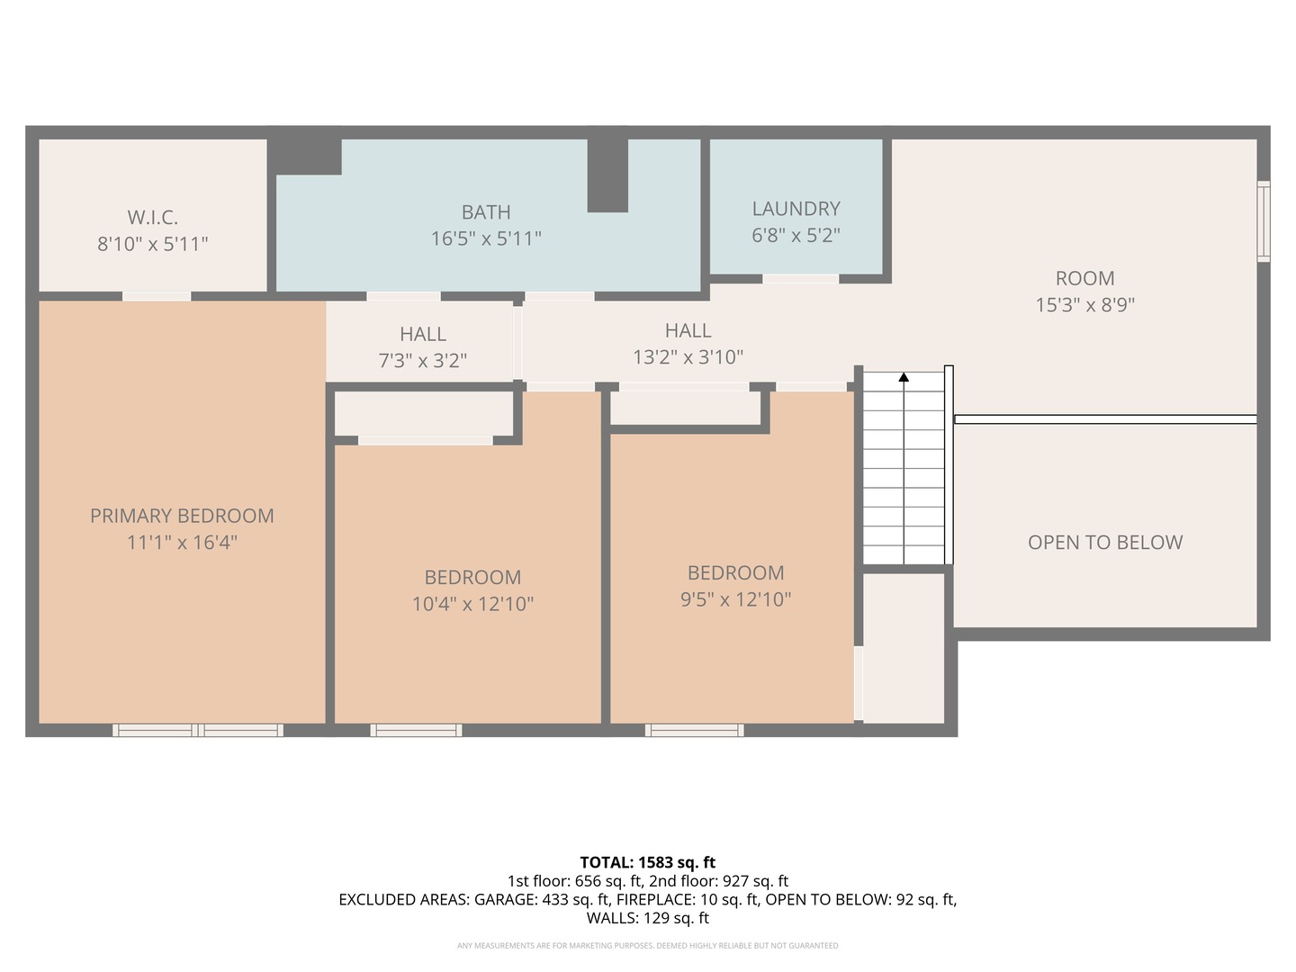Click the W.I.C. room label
tap(152, 217)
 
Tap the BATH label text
tap(486, 212)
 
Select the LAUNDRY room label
tap(796, 209)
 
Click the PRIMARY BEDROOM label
tap(182, 516)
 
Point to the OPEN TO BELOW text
tap(1105, 543)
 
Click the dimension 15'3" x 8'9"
tap(1084, 305)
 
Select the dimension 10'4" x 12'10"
tap(472, 604)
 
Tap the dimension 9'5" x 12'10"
tap(735, 599)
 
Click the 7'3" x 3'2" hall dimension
tap(422, 361)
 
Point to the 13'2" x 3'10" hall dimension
tap(688, 357)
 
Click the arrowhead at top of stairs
tap(904, 377)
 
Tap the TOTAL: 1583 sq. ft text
tap(647, 862)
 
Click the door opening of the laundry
tap(800, 279)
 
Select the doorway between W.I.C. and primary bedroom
tap(157, 296)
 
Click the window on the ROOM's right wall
tap(1264, 221)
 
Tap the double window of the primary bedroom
tap(198, 730)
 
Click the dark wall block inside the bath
tap(607, 175)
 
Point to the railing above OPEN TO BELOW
tap(1105, 419)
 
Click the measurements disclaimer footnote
tap(647, 946)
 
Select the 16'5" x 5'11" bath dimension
tap(486, 238)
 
